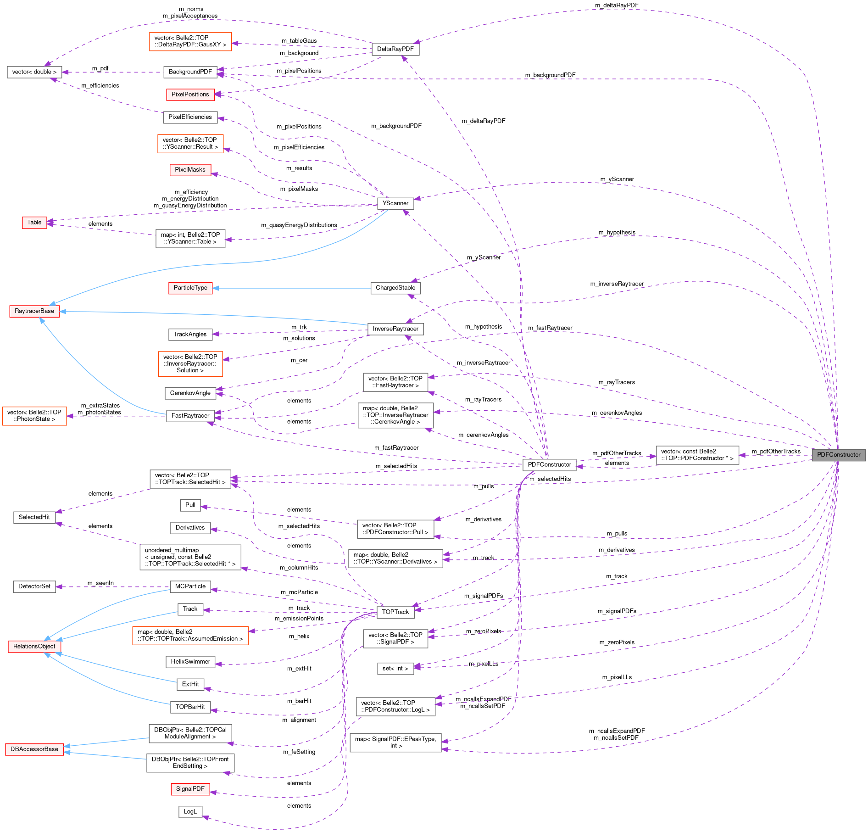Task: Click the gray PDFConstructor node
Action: tap(839, 455)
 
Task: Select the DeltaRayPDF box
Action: tap(395, 49)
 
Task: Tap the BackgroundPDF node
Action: tap(190, 72)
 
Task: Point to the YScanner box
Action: tap(395, 203)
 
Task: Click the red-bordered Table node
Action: tap(34, 223)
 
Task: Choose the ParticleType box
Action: tap(190, 288)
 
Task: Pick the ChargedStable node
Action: tap(395, 288)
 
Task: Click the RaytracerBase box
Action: tap(34, 311)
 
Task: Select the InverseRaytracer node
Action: tap(395, 329)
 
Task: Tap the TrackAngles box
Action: tap(190, 335)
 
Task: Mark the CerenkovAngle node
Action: tap(190, 393)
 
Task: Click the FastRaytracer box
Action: tap(190, 416)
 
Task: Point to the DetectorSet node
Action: tap(34, 586)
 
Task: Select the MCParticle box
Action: tap(190, 586)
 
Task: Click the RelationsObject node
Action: tap(34, 647)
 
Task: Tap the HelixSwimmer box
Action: tap(190, 662)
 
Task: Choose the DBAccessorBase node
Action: tap(34, 749)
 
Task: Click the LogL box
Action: tap(190, 812)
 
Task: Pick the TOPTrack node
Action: tap(395, 612)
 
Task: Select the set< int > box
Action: tap(395, 669)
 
